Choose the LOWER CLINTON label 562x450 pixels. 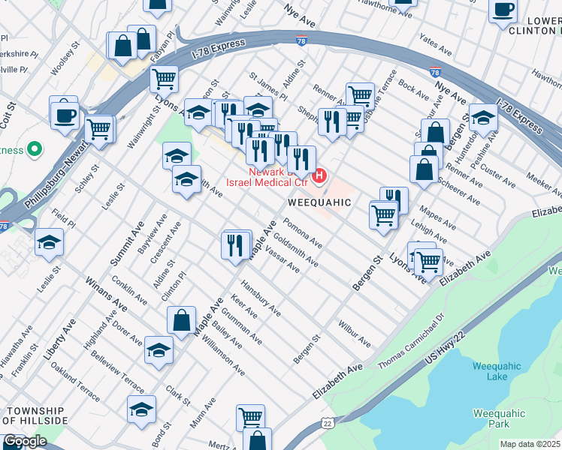[533, 25]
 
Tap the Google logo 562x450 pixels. [25, 441]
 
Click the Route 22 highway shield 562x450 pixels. [328, 424]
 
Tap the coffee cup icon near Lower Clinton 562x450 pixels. [503, 10]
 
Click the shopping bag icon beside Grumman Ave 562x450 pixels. [182, 320]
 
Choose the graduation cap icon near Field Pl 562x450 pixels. [49, 242]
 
